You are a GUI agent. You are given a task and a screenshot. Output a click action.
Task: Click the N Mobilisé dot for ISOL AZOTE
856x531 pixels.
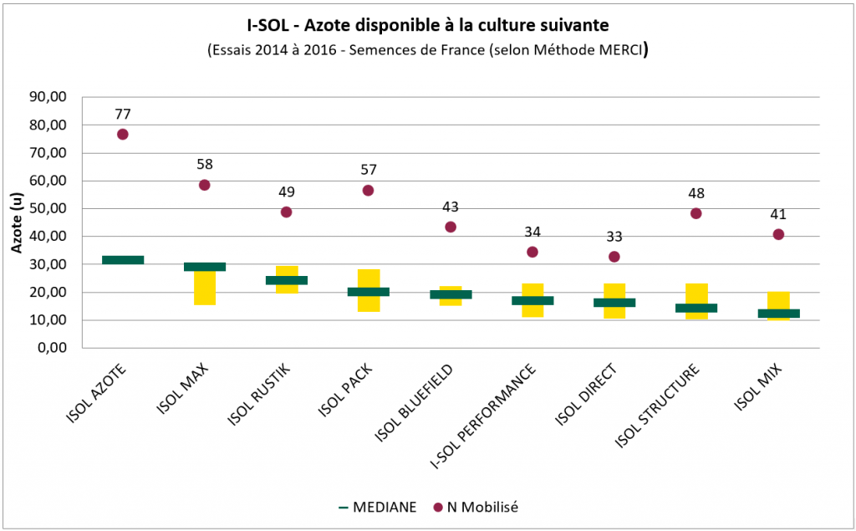tap(123, 134)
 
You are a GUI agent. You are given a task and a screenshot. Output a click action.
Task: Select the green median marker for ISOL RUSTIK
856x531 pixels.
tap(287, 280)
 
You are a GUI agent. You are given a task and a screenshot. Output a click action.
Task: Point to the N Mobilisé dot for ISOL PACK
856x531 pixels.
tap(368, 191)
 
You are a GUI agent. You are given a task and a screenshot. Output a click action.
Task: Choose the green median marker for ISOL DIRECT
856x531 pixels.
tap(614, 303)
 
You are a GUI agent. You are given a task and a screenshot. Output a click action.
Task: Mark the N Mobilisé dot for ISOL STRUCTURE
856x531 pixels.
tap(695, 213)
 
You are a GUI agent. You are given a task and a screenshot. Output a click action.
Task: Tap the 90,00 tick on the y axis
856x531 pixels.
tap(47, 97)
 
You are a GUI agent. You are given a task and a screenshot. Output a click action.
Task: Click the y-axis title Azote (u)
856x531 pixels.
tap(16, 222)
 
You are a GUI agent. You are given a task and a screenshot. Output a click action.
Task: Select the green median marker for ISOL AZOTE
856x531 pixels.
tap(123, 260)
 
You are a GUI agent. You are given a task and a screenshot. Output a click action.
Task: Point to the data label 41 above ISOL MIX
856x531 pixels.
tap(777, 214)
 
